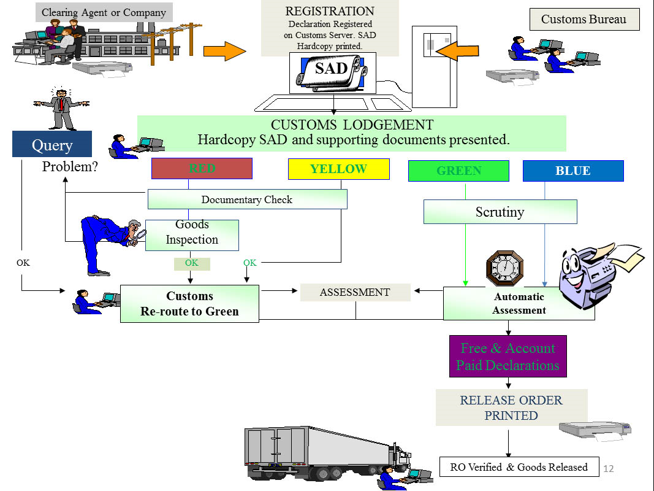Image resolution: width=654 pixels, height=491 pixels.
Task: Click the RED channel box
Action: [x=202, y=169]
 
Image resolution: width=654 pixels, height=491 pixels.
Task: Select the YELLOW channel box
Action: [x=339, y=169]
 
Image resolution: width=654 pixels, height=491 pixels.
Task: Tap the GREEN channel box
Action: [x=458, y=171]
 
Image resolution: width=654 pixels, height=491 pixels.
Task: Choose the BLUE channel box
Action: [x=573, y=171]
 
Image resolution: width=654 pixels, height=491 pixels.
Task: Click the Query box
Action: [x=52, y=144]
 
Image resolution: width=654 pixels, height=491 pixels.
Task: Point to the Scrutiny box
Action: [x=501, y=212]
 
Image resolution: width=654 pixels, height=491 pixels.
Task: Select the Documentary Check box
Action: [x=248, y=199]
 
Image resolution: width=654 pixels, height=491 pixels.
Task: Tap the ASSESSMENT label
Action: [x=356, y=292]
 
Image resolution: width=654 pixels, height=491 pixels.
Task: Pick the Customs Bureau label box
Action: [x=584, y=19]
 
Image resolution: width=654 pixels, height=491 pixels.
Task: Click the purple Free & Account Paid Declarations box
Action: [x=508, y=356]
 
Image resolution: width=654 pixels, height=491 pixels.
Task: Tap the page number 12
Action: [x=609, y=468]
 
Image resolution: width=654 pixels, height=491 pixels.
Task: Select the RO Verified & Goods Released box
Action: [x=519, y=467]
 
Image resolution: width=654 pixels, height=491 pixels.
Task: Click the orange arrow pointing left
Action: [x=457, y=50]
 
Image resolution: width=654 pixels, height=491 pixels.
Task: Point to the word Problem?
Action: [x=70, y=166]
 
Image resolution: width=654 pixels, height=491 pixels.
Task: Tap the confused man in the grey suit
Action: [x=61, y=109]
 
